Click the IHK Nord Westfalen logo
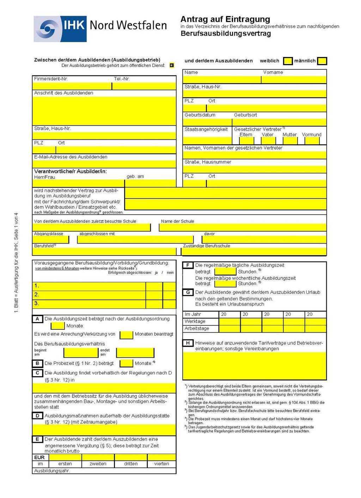coord(100,29)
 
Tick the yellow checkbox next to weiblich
coord(288,61)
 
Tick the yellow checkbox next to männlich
coord(322,61)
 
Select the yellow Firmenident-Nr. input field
coord(72,86)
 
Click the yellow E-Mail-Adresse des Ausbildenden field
coord(104,164)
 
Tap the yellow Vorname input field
coord(294,80)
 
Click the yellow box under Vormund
coord(312,141)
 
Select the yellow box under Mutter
coord(290,141)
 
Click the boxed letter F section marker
coord(188,265)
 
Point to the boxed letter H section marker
coord(188,343)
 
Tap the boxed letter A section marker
coord(37,319)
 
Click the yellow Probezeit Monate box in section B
coord(126,363)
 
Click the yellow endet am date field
coord(135,352)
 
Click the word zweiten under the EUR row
coord(98,464)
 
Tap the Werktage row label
coord(195,321)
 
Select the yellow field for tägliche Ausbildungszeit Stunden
coord(225,271)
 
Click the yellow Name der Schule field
coord(243,227)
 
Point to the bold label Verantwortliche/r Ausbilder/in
coord(71,171)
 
